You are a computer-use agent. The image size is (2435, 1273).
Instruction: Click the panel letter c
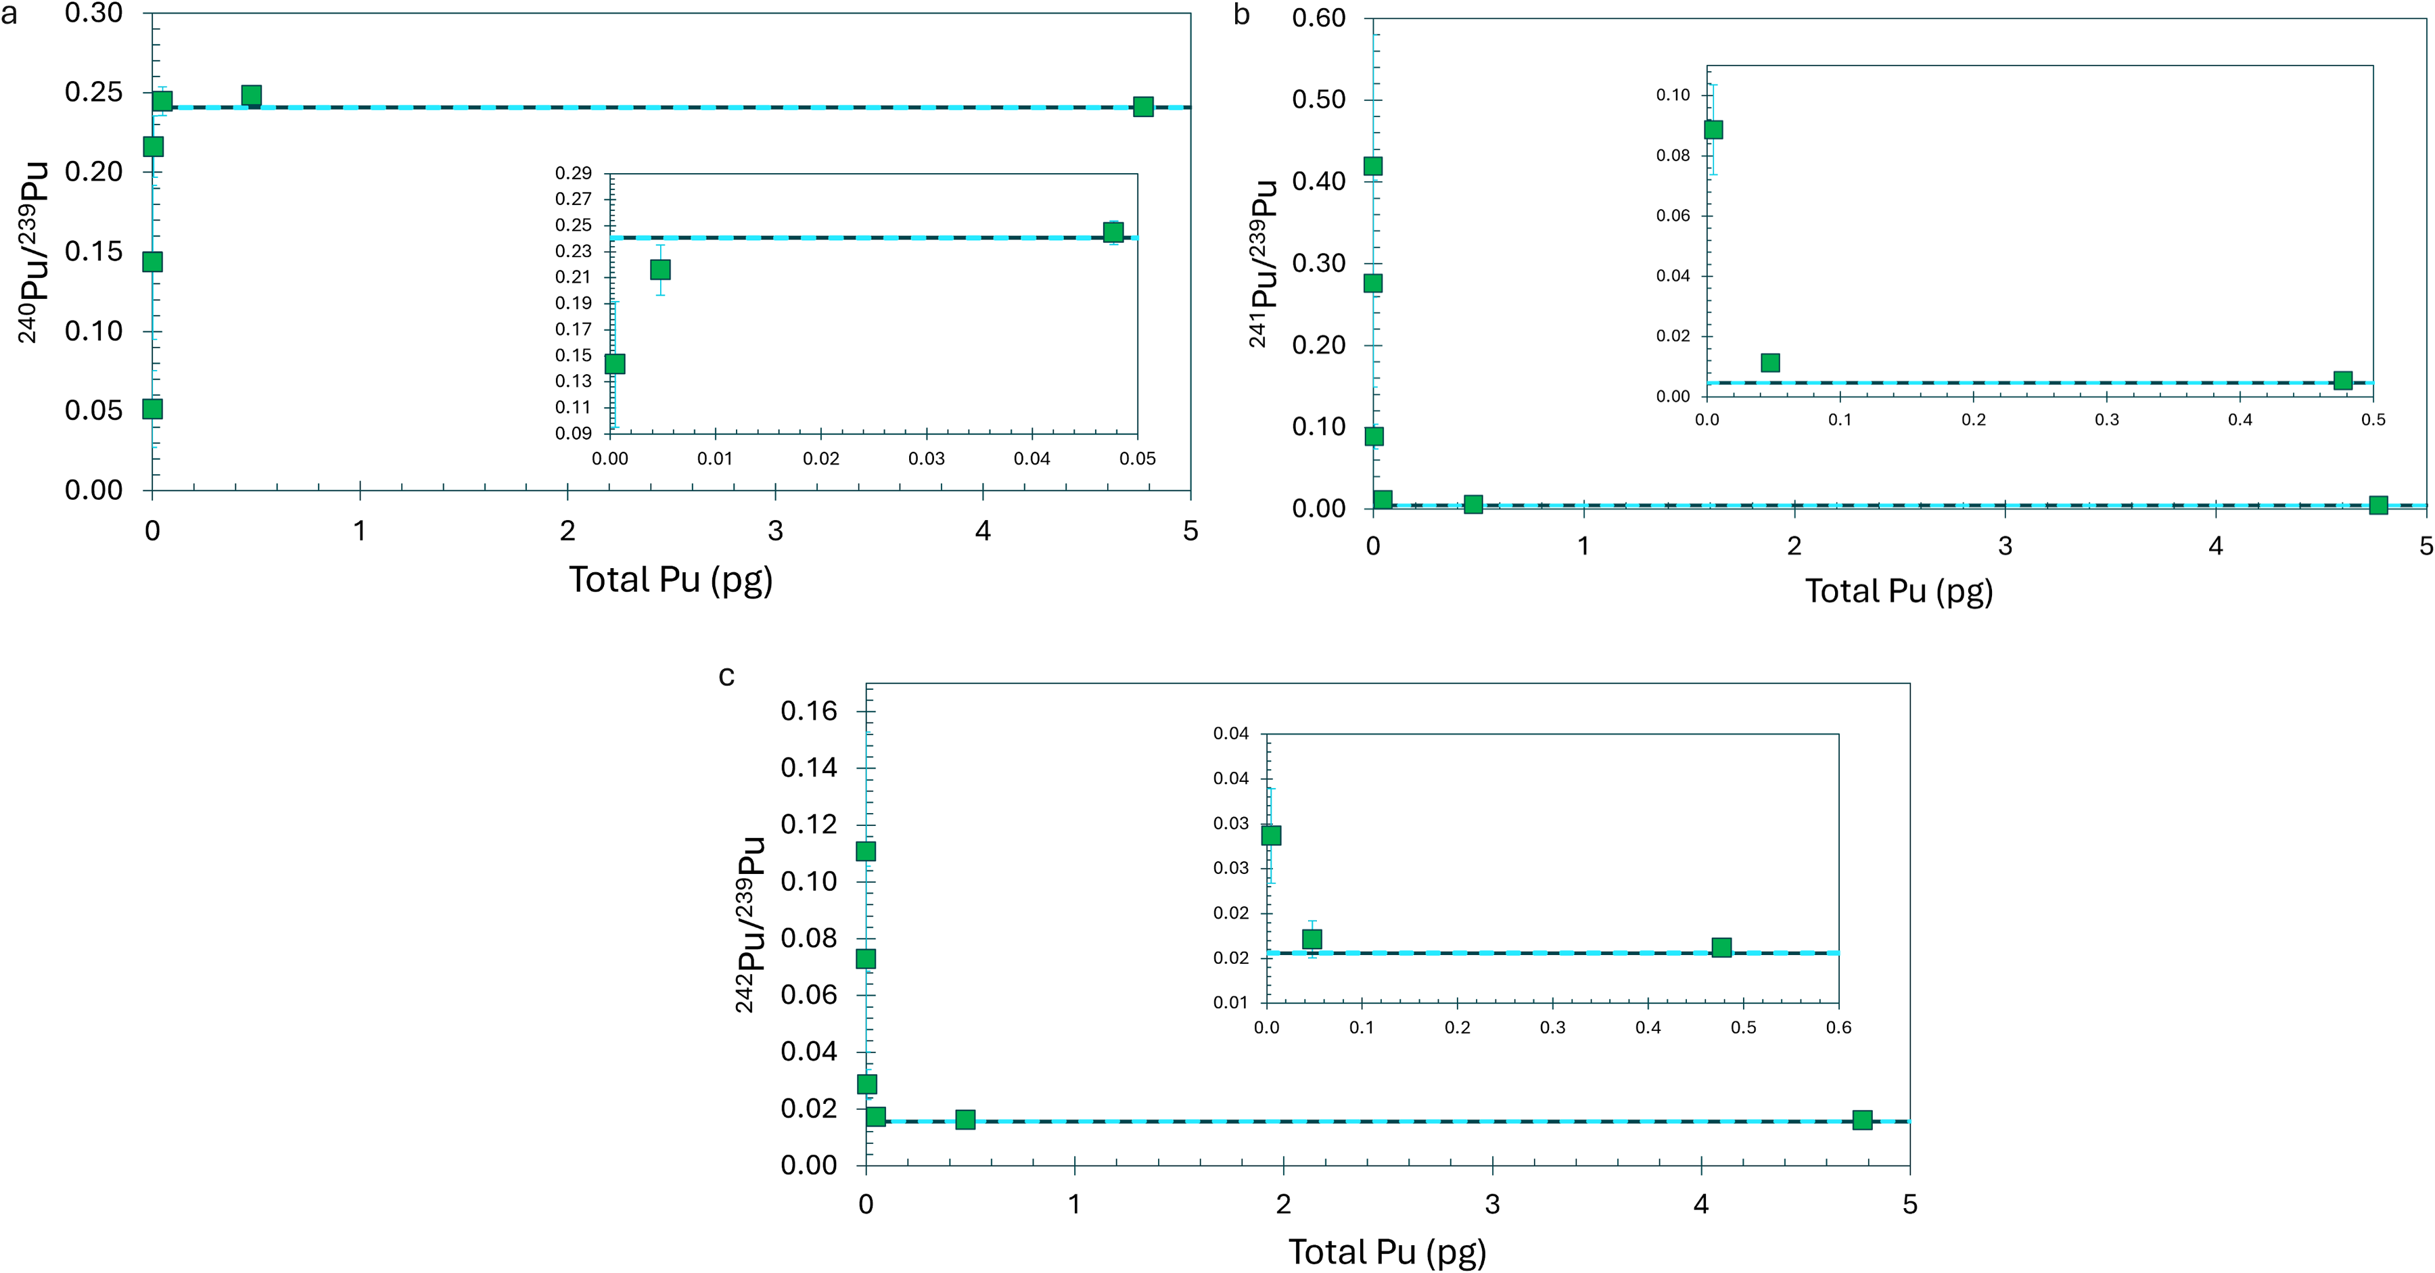726,676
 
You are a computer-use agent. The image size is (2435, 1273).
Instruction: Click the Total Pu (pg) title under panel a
670,579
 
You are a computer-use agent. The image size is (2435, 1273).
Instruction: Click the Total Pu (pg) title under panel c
1387,1251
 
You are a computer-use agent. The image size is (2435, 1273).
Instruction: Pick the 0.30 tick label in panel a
93,14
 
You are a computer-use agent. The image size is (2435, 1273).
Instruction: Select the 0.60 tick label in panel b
1319,18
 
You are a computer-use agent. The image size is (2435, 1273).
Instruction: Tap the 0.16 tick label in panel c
808,711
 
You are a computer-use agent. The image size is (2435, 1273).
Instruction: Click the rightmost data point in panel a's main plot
1143,107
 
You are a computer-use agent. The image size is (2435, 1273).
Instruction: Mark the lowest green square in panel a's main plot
152,409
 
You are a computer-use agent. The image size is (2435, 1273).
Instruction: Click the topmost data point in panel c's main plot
866,852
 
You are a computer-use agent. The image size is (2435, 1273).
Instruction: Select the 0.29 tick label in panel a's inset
573,173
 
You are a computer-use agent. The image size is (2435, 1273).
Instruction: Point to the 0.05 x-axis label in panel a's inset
1137,459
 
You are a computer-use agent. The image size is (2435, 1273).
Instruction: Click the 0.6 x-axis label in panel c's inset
1838,1027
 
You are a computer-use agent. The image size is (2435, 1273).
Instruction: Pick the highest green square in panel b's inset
1713,129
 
